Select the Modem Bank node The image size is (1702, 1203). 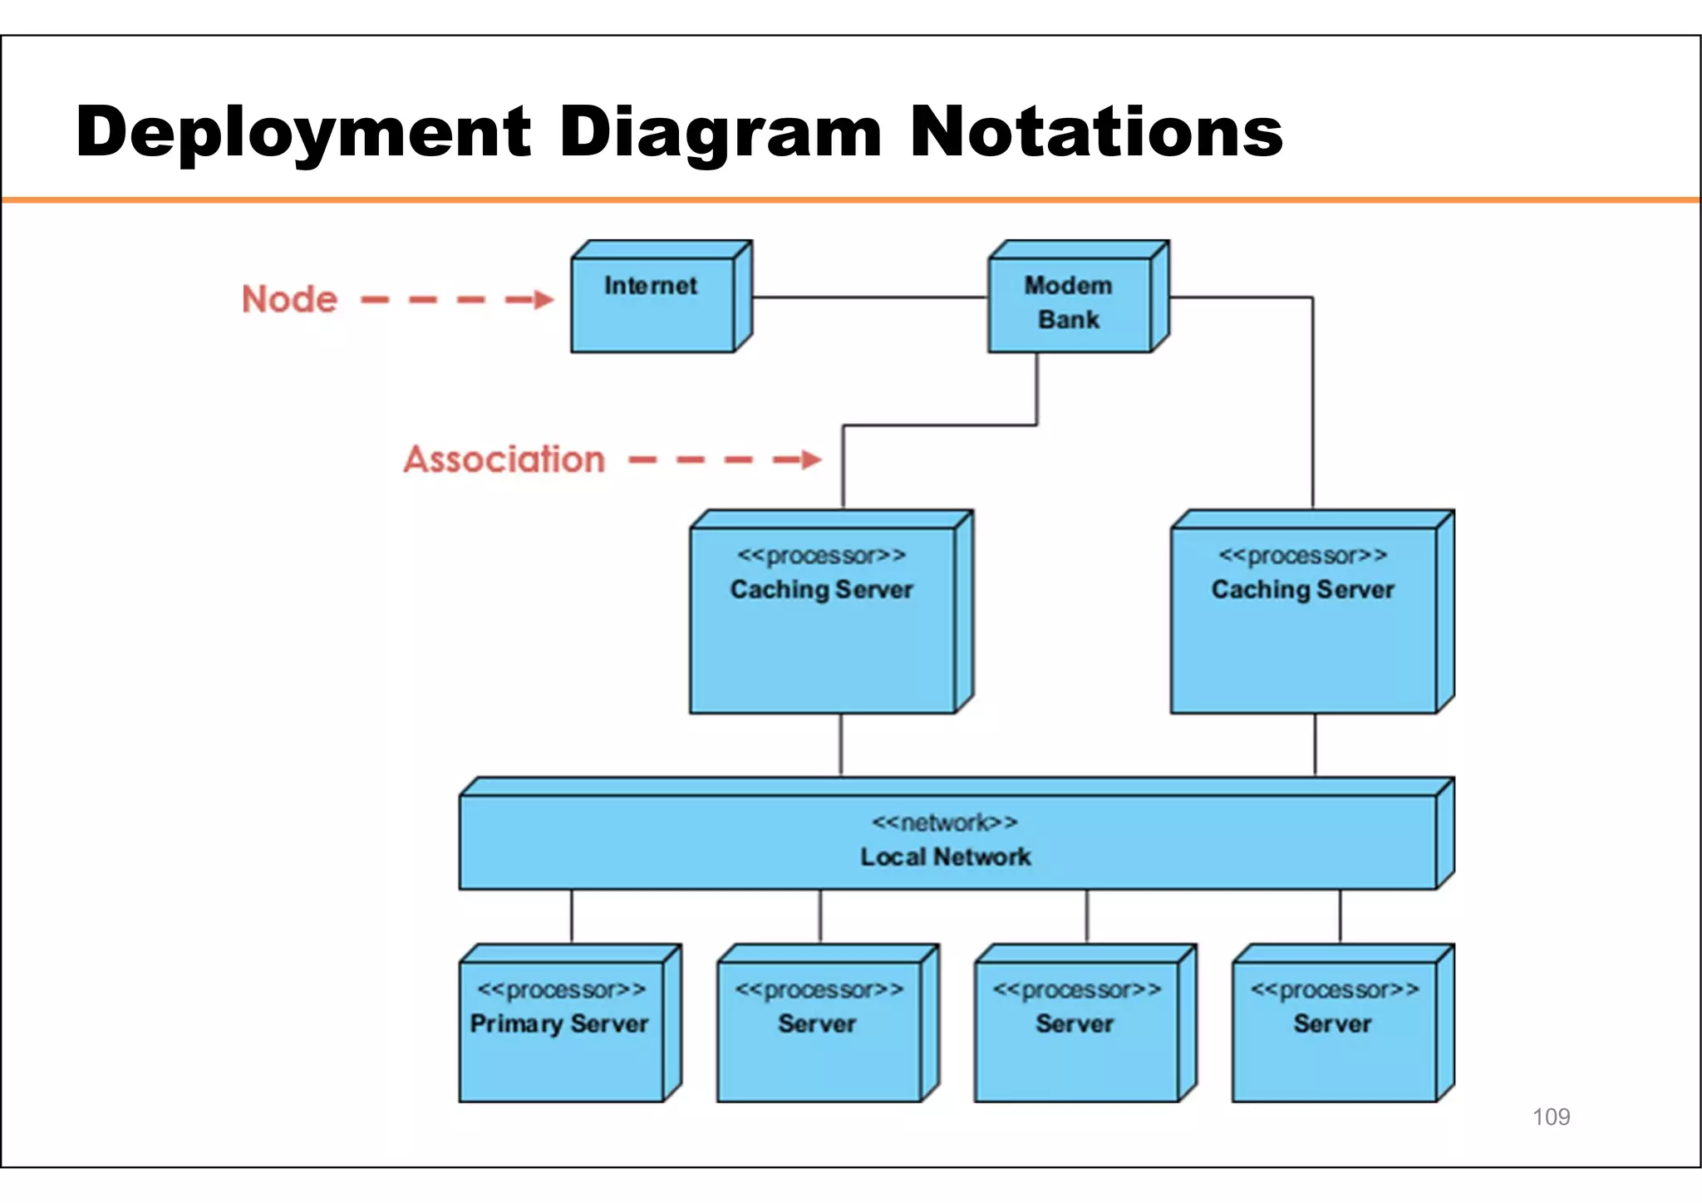coord(1070,304)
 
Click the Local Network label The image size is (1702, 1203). coord(946,857)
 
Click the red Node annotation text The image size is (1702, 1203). coord(290,299)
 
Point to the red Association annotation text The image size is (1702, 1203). coord(504,459)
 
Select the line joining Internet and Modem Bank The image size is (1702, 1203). coord(869,297)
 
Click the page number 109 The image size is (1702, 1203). coord(1551,1117)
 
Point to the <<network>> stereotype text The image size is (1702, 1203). coord(944,822)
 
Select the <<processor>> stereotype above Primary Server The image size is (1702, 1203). coord(562,989)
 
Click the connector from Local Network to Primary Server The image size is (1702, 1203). coord(572,916)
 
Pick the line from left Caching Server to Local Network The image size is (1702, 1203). coord(841,744)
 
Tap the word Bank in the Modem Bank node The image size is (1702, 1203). coord(1069,320)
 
